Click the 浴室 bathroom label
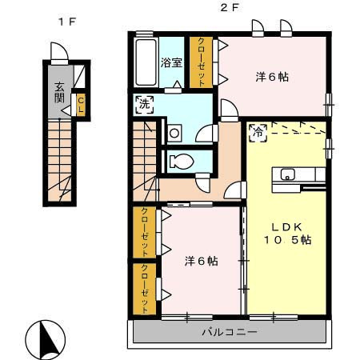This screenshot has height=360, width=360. [171, 63]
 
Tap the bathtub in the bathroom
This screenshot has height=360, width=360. [146, 62]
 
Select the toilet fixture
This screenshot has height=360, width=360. [181, 162]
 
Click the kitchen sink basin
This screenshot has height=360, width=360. [287, 174]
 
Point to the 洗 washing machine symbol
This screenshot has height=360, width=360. [145, 104]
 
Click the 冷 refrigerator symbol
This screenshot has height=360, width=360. [258, 133]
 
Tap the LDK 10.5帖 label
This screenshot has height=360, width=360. [287, 234]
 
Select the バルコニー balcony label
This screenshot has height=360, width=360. [230, 332]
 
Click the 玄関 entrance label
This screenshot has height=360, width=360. [59, 93]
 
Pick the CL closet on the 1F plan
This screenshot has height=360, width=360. [81, 105]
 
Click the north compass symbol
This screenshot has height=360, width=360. [46, 338]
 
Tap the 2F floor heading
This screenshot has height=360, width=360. [229, 8]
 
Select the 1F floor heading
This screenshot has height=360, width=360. [67, 22]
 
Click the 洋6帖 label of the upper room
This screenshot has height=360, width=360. [272, 77]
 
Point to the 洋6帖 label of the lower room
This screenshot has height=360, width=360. [202, 261]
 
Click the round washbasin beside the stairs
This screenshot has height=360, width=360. [174, 133]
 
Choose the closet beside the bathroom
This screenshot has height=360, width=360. [202, 62]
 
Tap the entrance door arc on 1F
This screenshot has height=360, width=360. [60, 50]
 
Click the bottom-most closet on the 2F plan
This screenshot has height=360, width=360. [144, 289]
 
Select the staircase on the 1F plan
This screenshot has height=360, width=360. [59, 161]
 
